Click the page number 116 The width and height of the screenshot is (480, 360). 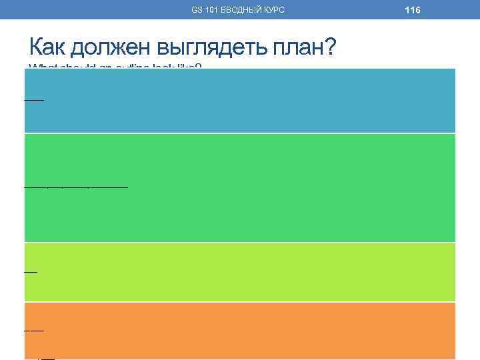point(412,9)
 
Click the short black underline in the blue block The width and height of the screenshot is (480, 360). point(34,100)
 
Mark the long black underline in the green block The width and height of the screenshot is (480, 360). point(76,187)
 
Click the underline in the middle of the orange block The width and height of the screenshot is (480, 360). point(34,330)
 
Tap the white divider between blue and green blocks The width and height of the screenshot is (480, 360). point(240,133)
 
